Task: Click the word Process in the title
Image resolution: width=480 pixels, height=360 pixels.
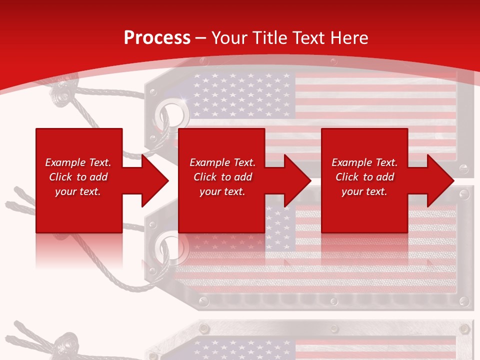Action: pyautogui.click(x=157, y=38)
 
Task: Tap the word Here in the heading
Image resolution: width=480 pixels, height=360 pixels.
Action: pyautogui.click(x=348, y=38)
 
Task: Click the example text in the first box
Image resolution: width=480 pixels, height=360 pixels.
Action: pyautogui.click(x=78, y=177)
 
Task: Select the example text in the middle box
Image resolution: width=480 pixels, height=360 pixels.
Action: pyautogui.click(x=222, y=177)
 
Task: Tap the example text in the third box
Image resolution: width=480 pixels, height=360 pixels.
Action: pyautogui.click(x=364, y=177)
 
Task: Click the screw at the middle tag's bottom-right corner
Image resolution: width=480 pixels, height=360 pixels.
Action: pyautogui.click(x=464, y=301)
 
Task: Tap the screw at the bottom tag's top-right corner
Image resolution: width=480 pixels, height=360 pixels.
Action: pyautogui.click(x=464, y=328)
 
